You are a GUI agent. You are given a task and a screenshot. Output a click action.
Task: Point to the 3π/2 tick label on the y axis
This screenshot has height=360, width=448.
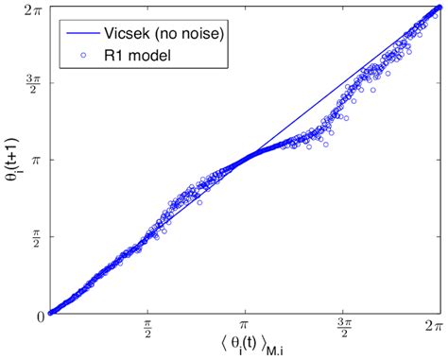[30, 84]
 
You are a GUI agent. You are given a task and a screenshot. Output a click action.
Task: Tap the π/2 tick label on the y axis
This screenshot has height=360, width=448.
[32, 237]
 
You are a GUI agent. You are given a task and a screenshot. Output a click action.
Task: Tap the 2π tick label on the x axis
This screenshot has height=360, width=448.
[432, 325]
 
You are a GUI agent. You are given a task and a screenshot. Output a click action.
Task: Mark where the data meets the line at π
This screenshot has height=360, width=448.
[246, 162]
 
